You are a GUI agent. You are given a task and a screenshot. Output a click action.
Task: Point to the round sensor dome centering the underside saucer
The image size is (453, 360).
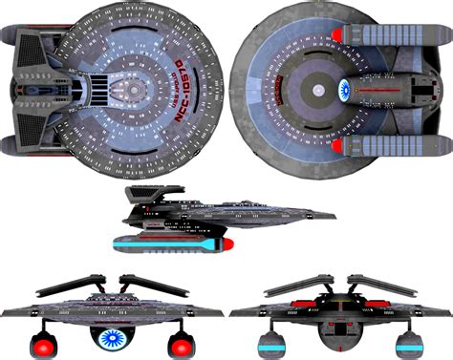coord(316,89)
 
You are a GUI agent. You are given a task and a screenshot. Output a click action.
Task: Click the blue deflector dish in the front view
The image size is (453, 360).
coord(115,336)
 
